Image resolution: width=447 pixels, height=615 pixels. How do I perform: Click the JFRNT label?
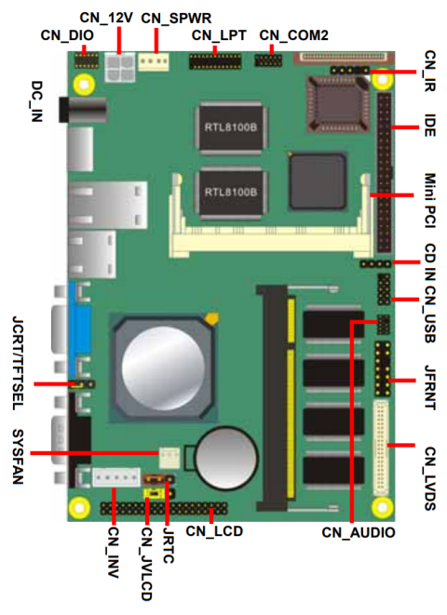tap(429, 381)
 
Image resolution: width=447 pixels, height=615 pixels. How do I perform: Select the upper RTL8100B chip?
tap(230, 122)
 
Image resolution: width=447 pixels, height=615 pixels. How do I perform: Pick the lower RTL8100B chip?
tap(230, 192)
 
